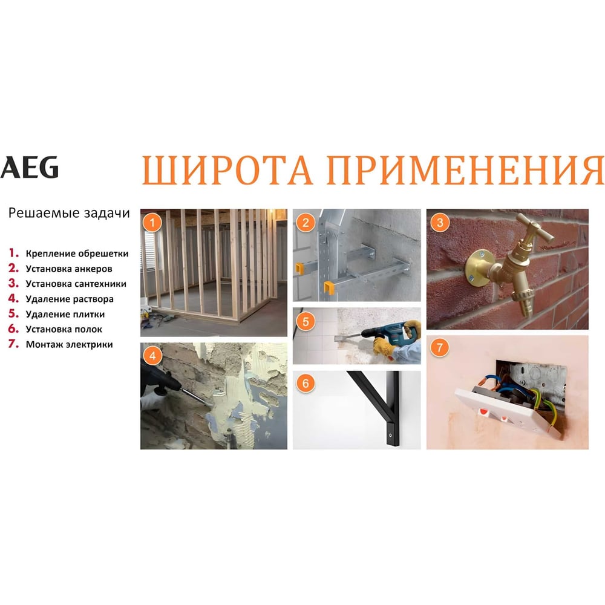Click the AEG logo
[x=29, y=167]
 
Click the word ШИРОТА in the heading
[x=227, y=169]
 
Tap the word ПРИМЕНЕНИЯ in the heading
[x=465, y=169]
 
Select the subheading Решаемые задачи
[x=69, y=213]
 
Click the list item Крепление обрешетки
[x=77, y=254]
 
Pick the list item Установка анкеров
[x=69, y=269]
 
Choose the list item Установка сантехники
[x=76, y=284]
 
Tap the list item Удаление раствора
[x=70, y=299]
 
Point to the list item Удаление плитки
[x=65, y=314]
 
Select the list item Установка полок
[x=64, y=329]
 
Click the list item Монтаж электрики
[x=69, y=344]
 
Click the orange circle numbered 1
[x=152, y=222]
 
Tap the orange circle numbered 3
[x=440, y=222]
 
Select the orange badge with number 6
[x=306, y=384]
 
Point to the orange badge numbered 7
[x=440, y=348]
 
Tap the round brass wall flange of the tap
[x=479, y=266]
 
